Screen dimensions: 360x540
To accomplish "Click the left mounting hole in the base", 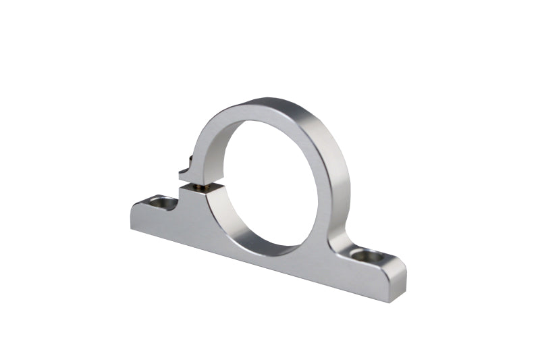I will pyautogui.click(x=161, y=201).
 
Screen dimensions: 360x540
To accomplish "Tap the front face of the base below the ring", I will pyautogui.click(x=270, y=253).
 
